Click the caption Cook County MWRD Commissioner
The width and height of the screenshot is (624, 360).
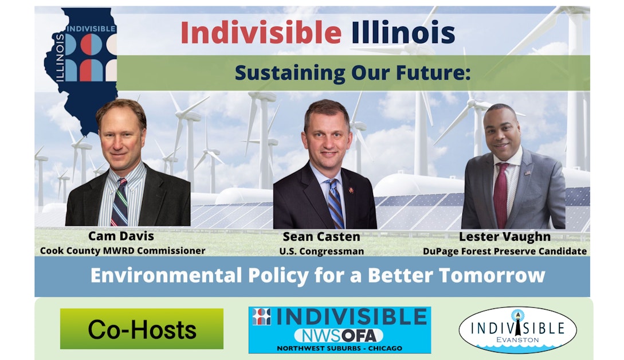pos(123,251)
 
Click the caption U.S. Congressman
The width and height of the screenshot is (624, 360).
pos(321,251)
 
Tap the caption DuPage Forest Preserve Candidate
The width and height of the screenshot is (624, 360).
pos(505,251)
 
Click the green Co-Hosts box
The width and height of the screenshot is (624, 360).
pos(142,329)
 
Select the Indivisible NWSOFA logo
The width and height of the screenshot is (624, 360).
pos(339,330)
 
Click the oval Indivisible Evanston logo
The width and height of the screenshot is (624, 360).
pos(517,330)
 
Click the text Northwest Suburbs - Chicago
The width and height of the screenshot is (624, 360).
pos(339,348)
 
